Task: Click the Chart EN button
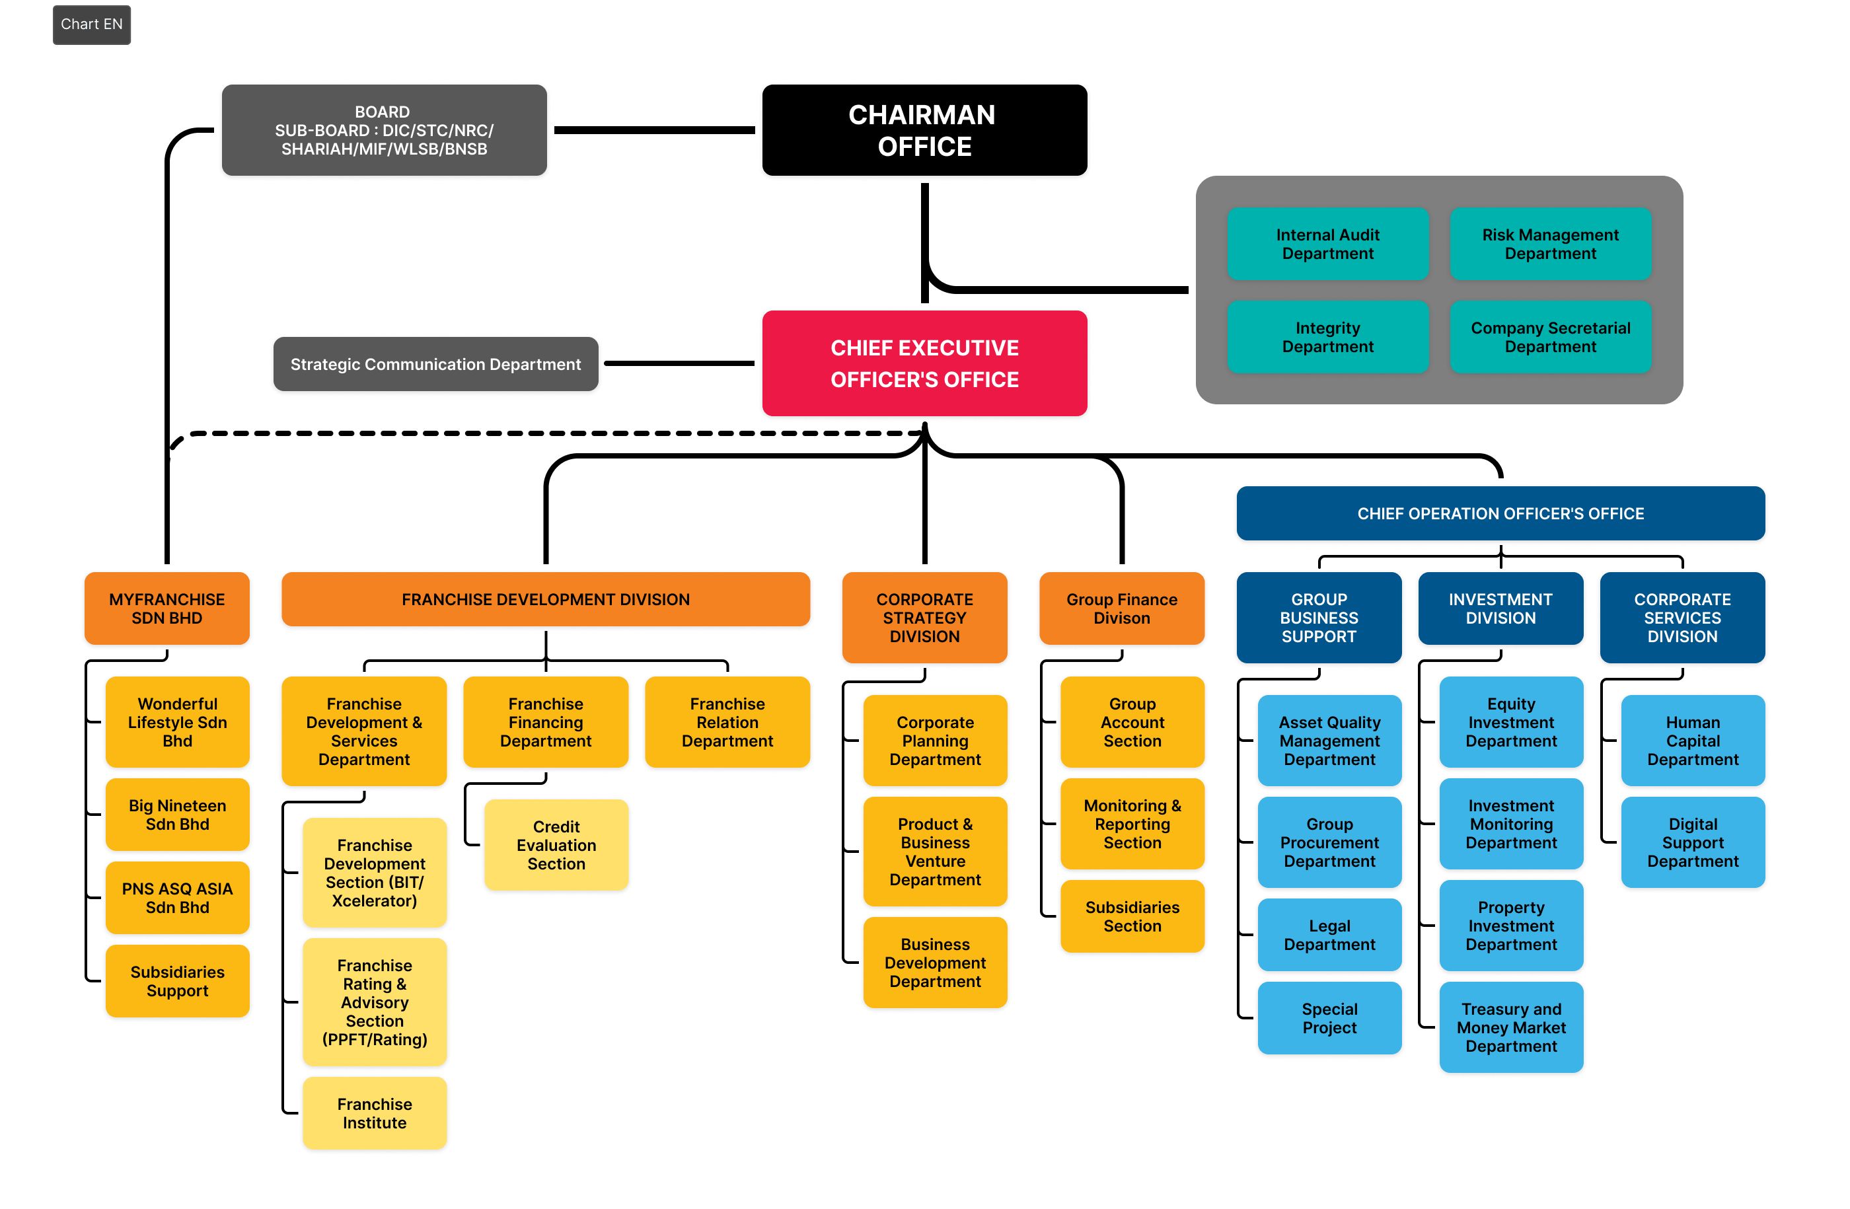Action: [x=92, y=25]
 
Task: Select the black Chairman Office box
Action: [x=924, y=131]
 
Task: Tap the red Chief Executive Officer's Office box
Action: [x=924, y=363]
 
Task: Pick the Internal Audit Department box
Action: [x=1327, y=244]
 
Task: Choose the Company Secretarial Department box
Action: [x=1550, y=337]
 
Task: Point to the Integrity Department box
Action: [x=1327, y=337]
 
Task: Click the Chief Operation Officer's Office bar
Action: [x=1500, y=513]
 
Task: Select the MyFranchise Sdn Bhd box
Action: [x=167, y=608]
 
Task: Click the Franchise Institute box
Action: [x=375, y=1113]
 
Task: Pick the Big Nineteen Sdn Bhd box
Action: [x=177, y=815]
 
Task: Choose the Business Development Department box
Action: [x=935, y=962]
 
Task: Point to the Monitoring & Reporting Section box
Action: [x=1132, y=824]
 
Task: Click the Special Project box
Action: [x=1329, y=1018]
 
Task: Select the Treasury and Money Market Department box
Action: [x=1511, y=1027]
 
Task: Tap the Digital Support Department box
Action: [x=1693, y=842]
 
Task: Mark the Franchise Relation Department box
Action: [x=727, y=722]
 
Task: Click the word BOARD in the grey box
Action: [x=382, y=112]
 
